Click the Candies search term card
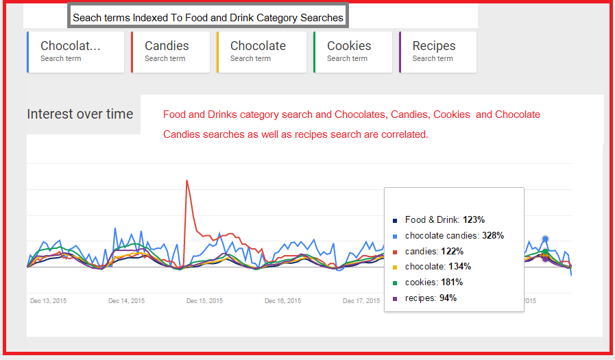coord(170,51)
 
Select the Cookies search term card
coord(352,51)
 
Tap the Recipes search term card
coord(437,51)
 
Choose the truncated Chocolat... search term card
coord(75,51)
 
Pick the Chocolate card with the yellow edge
coord(261,51)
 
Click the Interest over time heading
coord(80,115)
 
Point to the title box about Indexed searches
coord(208,16)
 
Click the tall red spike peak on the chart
coord(186,181)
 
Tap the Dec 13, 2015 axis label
coord(48,301)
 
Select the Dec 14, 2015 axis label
coord(127,301)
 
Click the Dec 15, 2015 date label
coord(204,301)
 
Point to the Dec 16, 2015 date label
coord(283,301)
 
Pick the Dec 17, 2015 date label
coord(361,301)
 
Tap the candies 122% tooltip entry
coord(434,251)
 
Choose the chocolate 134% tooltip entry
coord(437,267)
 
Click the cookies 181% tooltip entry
coord(434,283)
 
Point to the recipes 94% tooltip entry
coord(431,298)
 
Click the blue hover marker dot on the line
coord(545,239)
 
